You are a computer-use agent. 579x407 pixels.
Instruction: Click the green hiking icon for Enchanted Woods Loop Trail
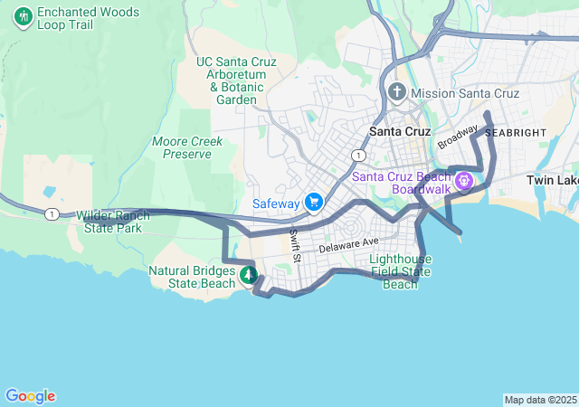click(22, 16)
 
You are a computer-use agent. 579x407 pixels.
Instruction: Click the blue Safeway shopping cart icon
click(314, 202)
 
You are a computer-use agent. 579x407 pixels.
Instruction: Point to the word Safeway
click(276, 203)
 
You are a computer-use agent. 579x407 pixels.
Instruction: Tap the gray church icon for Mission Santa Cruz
click(396, 92)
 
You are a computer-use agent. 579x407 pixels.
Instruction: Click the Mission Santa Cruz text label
click(465, 93)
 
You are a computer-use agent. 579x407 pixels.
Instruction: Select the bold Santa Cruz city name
click(401, 131)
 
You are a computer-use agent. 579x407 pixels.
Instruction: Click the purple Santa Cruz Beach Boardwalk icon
click(465, 182)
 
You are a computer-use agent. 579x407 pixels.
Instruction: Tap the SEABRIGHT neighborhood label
click(516, 132)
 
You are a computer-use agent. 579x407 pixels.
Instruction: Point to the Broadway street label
click(458, 137)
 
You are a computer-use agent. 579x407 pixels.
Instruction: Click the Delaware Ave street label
click(348, 244)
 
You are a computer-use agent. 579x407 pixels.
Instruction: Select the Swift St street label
click(295, 246)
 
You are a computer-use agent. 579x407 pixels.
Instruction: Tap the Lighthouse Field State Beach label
click(401, 271)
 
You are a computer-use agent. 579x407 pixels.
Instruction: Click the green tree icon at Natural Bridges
click(248, 274)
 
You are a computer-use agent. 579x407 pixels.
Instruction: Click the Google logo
click(30, 396)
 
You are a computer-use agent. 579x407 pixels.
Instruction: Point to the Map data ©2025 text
click(539, 400)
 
